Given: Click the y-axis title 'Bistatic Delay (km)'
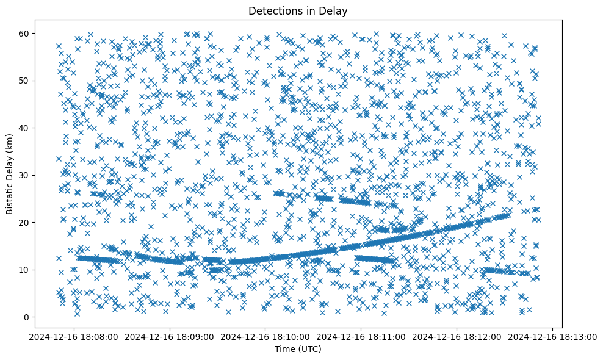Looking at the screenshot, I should (x=10, y=173).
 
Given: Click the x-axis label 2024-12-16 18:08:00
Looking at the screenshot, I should (x=74, y=337).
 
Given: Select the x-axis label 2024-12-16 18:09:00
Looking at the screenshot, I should (x=170, y=337).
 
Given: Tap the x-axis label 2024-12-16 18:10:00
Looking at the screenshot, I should (x=265, y=337).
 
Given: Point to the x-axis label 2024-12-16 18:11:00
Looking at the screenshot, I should (x=361, y=337).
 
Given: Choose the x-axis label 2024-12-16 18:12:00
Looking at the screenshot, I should (x=457, y=337).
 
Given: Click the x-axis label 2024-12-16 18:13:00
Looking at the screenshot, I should (x=553, y=337).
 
